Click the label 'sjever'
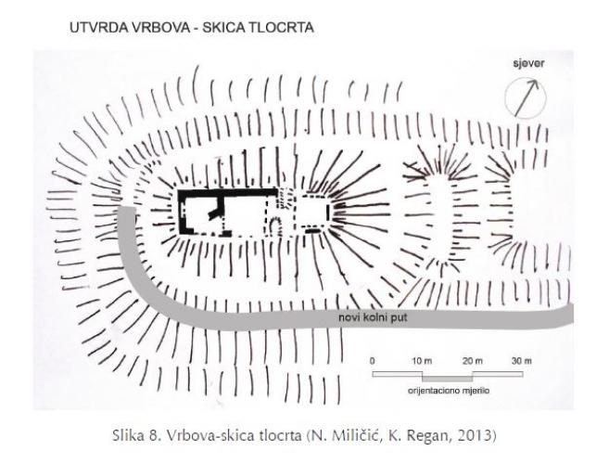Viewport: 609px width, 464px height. pos(528,64)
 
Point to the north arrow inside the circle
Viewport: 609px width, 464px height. pos(527,97)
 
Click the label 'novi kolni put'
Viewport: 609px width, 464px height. pos(373,317)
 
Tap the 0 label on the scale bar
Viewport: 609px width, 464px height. pos(373,361)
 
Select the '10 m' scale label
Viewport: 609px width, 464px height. pos(422,361)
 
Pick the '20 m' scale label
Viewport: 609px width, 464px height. pos(473,361)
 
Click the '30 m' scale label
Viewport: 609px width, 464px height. pos(522,361)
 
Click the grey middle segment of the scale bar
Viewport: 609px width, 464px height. pos(448,379)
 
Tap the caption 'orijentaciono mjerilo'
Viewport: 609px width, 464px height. pos(449,391)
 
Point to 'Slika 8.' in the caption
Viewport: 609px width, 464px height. pos(136,435)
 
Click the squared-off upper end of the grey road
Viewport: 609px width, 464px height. pos(127,209)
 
